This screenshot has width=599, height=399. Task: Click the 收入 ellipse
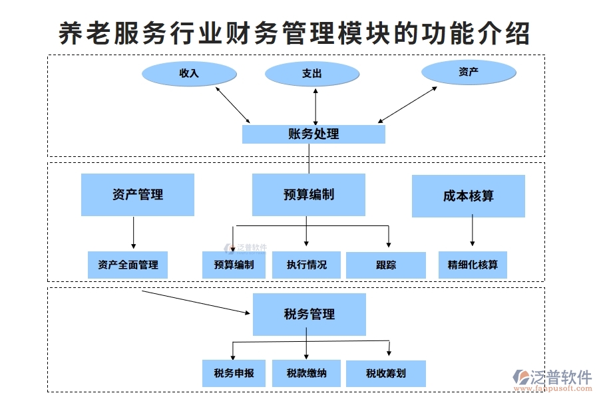point(189,73)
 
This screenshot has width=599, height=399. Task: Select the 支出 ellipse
point(311,74)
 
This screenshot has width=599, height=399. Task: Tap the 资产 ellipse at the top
point(469,72)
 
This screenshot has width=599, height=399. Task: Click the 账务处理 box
point(313,134)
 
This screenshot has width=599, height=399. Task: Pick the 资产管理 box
point(138,195)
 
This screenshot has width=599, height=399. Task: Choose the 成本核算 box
point(469,196)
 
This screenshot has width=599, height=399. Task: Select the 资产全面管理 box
point(128,265)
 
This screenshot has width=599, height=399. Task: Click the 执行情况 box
point(307,265)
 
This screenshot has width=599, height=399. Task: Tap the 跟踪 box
point(386,265)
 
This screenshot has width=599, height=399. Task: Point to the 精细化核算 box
point(473,265)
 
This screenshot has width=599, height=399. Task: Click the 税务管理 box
point(309,314)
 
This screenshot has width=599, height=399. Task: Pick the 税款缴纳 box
point(307,373)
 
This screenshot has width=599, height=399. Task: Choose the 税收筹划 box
point(386,374)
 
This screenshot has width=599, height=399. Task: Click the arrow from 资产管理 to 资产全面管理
point(134,233)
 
